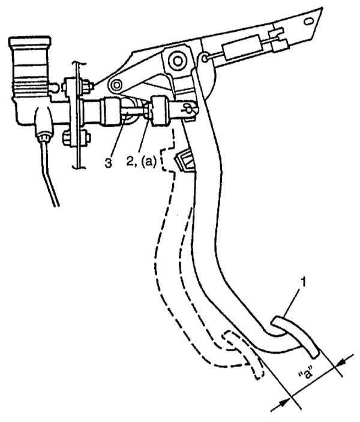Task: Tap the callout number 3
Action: (x=109, y=162)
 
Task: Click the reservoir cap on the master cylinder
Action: (x=29, y=42)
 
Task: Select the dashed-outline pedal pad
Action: (x=242, y=352)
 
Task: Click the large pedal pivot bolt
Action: (x=178, y=61)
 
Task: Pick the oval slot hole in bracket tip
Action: (x=309, y=21)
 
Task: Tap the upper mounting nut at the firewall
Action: (x=87, y=86)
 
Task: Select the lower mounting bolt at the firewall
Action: (x=67, y=137)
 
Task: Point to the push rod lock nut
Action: (x=147, y=111)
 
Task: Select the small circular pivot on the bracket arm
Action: (x=116, y=86)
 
